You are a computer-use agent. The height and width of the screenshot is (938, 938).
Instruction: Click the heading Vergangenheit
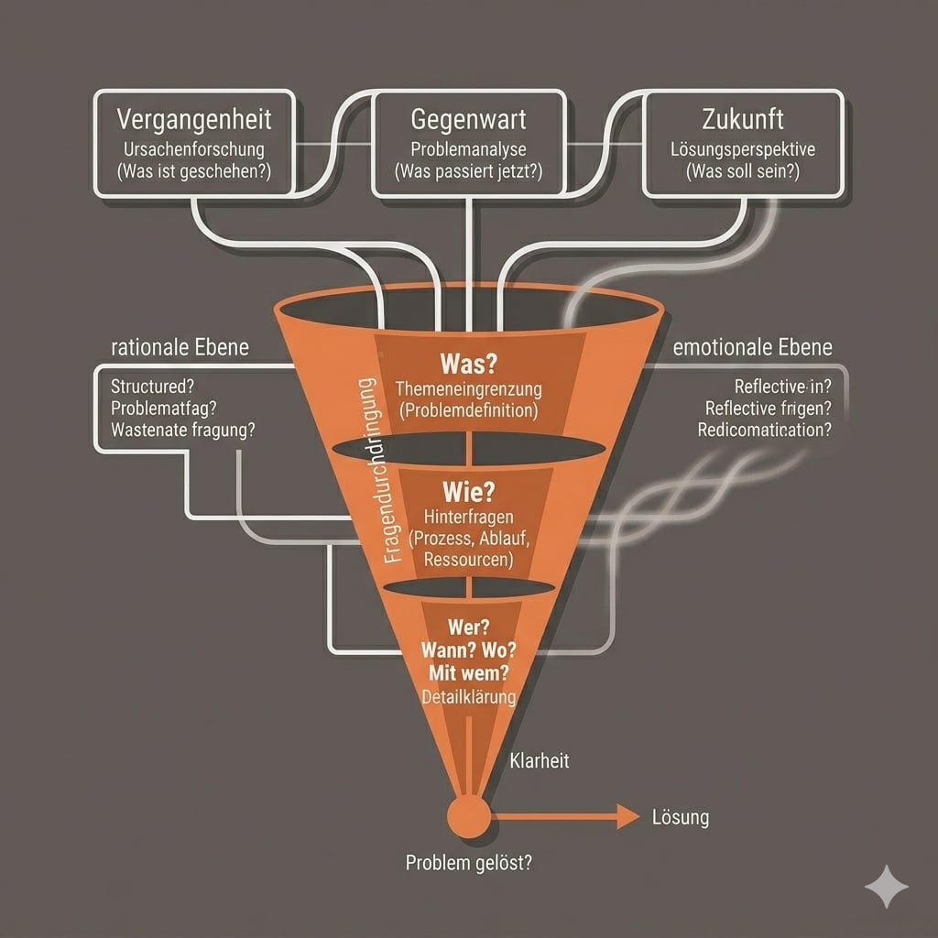click(x=194, y=120)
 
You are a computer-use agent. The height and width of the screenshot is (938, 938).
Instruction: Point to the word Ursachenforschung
click(x=194, y=148)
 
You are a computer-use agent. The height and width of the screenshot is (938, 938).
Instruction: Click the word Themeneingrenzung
click(x=468, y=389)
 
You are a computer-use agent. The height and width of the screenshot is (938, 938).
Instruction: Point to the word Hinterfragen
click(x=468, y=518)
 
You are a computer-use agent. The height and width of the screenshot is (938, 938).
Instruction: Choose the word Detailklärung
click(x=468, y=697)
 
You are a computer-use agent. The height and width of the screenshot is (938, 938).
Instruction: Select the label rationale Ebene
click(x=180, y=348)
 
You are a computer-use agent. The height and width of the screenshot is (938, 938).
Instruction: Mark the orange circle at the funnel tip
click(x=467, y=814)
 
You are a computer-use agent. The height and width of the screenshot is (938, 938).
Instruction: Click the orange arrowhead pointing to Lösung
click(x=627, y=815)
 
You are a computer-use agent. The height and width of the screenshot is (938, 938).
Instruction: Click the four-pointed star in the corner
click(x=887, y=886)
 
